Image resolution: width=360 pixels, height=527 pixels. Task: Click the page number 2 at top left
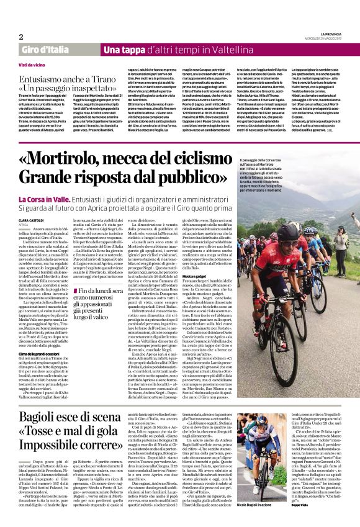[x=21, y=37]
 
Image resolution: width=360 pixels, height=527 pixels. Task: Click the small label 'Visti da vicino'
[x=32, y=64]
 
